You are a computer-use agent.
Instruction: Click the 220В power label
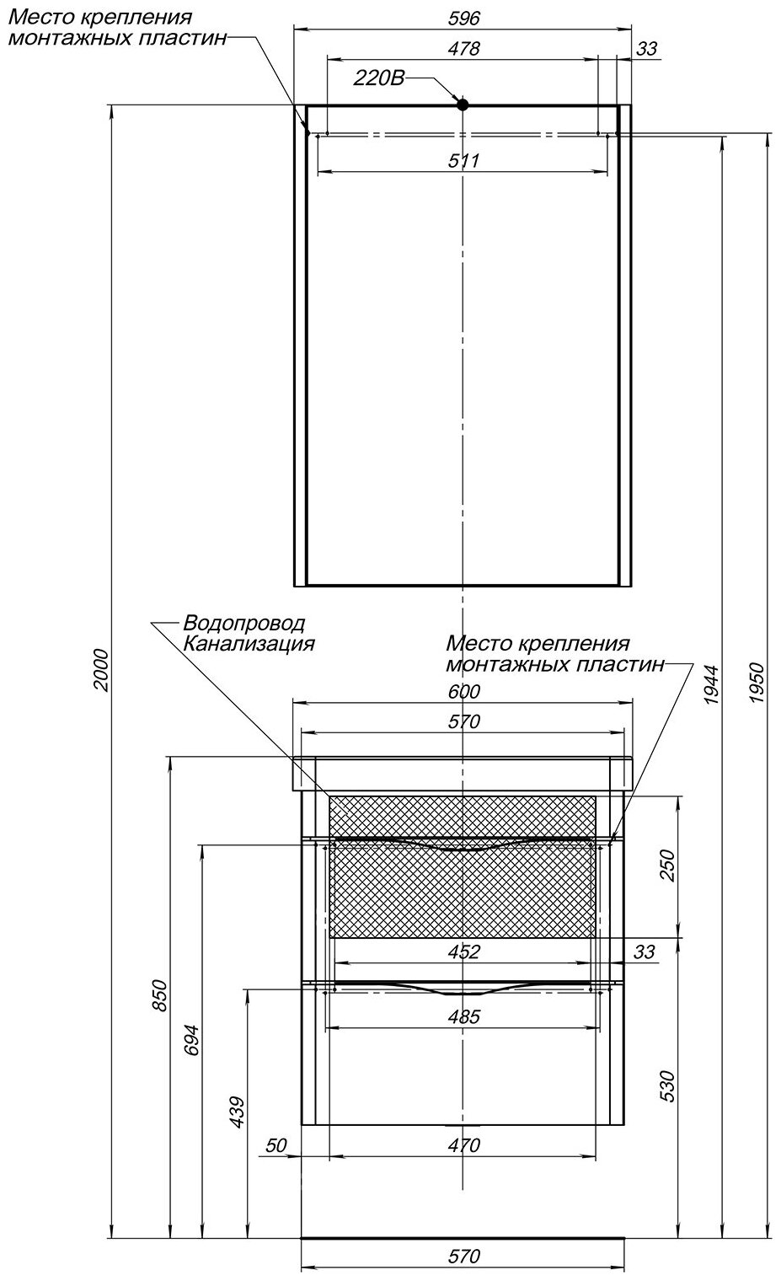point(379,79)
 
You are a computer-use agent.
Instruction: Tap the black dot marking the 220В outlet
point(462,105)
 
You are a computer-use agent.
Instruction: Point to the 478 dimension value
point(463,49)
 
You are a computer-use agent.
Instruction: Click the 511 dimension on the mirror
point(463,160)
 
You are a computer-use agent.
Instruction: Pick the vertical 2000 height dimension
point(100,670)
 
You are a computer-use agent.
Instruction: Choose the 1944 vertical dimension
point(710,684)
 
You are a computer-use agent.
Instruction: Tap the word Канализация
point(249,644)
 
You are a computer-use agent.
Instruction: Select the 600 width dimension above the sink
point(463,692)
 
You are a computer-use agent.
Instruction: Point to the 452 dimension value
point(463,952)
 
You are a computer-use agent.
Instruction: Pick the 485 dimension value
point(463,1017)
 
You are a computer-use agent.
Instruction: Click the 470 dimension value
point(463,1145)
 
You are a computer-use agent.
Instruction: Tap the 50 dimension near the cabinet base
point(276,1145)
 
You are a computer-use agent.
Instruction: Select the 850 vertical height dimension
point(162,997)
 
